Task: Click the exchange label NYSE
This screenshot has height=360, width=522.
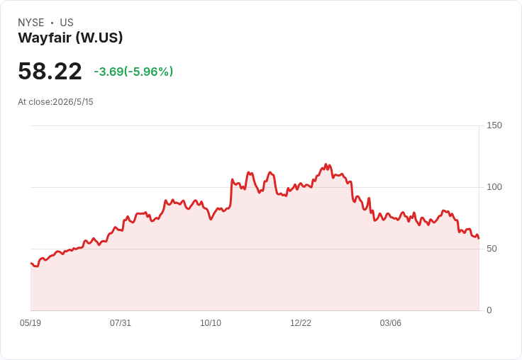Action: [x=31, y=23]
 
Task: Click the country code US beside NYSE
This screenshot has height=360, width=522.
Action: [x=67, y=23]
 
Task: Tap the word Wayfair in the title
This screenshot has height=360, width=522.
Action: [x=45, y=38]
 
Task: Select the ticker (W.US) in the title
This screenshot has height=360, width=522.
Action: [x=99, y=38]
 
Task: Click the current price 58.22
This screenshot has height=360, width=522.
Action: [x=50, y=71]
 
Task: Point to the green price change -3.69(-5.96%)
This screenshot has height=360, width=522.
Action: [x=133, y=72]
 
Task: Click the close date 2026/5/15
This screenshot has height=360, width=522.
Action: [x=73, y=102]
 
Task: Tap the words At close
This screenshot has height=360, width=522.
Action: [x=34, y=102]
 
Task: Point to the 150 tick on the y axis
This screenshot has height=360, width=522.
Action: [x=494, y=125]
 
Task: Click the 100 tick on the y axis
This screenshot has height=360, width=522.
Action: [x=494, y=187]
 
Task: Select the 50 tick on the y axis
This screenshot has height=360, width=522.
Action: [x=492, y=249]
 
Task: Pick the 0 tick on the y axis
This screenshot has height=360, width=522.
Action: [x=489, y=310]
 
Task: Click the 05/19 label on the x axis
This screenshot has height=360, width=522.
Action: [x=30, y=323]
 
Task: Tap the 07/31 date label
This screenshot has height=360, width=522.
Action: [x=121, y=323]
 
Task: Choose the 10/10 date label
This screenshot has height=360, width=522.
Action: [x=211, y=323]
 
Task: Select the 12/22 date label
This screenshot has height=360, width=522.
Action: [x=301, y=323]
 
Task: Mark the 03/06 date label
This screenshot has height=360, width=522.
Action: [x=391, y=323]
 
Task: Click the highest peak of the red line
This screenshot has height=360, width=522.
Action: [x=326, y=164]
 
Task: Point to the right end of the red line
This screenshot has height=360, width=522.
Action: [x=479, y=238]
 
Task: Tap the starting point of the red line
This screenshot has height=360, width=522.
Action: [x=31, y=263]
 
